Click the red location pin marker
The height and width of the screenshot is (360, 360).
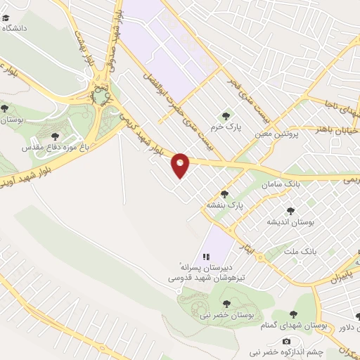181,165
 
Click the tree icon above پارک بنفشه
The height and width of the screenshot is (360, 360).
225,193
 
